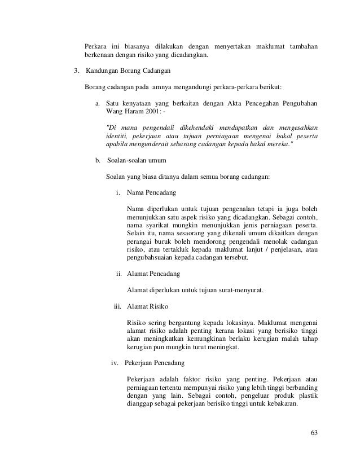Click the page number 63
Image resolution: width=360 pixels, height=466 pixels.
pos(314,433)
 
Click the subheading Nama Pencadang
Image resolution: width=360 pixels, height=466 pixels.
pos(151,194)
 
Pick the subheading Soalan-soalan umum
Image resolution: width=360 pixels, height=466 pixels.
pos(136,161)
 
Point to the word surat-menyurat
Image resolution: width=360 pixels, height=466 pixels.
pos(243,291)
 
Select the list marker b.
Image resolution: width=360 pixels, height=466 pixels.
pos(98,161)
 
